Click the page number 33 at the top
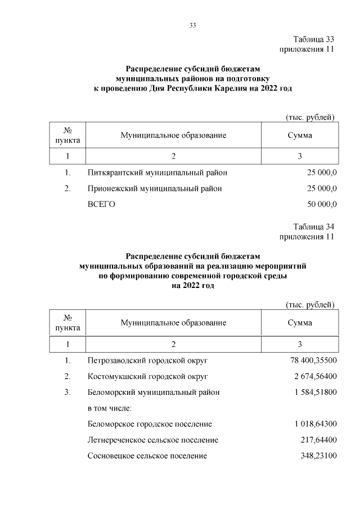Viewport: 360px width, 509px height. (192, 25)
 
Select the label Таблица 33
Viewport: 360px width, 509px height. (314, 39)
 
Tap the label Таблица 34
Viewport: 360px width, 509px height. (314, 227)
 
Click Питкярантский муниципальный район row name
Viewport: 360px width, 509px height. (157, 173)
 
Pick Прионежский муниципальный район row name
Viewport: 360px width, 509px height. (154, 188)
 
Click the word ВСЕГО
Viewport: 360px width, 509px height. (101, 204)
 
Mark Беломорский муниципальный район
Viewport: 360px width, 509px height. (154, 391)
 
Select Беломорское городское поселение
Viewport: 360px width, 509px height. (150, 424)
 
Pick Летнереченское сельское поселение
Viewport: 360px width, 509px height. (152, 439)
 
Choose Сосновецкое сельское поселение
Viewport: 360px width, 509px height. (147, 455)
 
